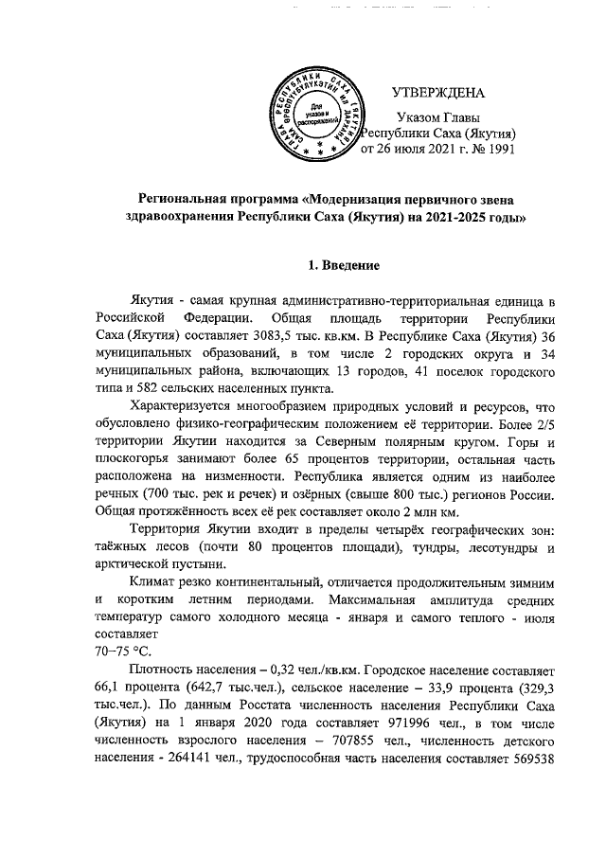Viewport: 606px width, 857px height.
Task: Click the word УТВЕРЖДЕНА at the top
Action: [x=437, y=93]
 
